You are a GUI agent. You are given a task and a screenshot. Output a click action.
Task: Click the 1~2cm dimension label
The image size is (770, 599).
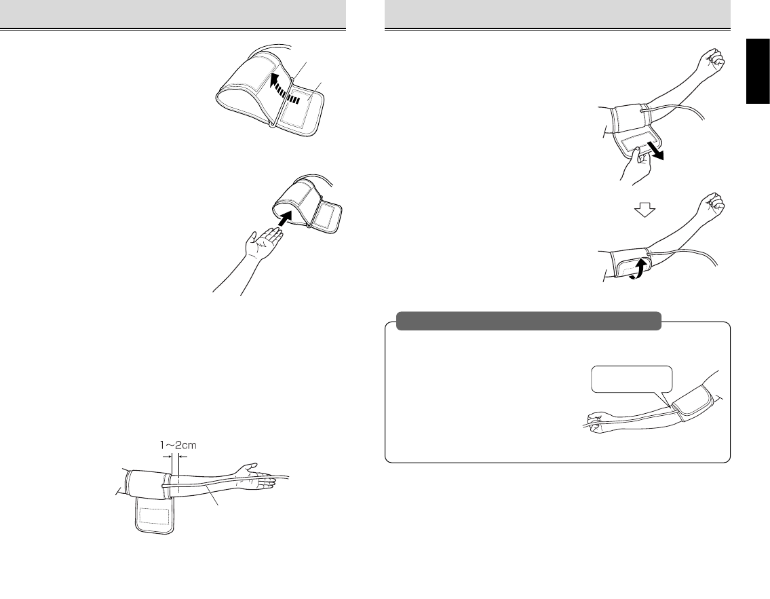pyautogui.click(x=178, y=445)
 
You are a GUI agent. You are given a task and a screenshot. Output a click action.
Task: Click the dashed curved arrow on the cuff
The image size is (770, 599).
pyautogui.click(x=284, y=87)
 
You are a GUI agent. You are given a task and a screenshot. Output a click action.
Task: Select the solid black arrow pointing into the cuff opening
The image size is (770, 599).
pyautogui.click(x=286, y=218)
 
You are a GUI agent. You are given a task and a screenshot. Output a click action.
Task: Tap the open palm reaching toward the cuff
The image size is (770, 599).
pyautogui.click(x=265, y=241)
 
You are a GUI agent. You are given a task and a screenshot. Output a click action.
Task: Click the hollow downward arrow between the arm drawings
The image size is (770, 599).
pyautogui.click(x=644, y=210)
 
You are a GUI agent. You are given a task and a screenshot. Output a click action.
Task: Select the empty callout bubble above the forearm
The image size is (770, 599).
pyautogui.click(x=632, y=379)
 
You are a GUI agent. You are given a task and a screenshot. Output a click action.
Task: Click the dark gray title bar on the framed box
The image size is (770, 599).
pyautogui.click(x=528, y=321)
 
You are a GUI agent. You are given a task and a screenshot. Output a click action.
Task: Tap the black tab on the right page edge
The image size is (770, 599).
pyautogui.click(x=758, y=71)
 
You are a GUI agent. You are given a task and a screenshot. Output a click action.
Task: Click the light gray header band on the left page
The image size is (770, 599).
pyautogui.click(x=173, y=14)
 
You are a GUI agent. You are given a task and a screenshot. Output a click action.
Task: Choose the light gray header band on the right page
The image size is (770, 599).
pyautogui.click(x=558, y=14)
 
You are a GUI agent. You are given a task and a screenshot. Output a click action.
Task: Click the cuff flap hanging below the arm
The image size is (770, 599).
pyautogui.click(x=154, y=516)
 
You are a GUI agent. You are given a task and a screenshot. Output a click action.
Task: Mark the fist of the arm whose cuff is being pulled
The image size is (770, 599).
pyautogui.click(x=712, y=60)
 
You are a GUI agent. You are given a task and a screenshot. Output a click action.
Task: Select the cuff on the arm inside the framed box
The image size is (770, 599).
pyautogui.click(x=693, y=402)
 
